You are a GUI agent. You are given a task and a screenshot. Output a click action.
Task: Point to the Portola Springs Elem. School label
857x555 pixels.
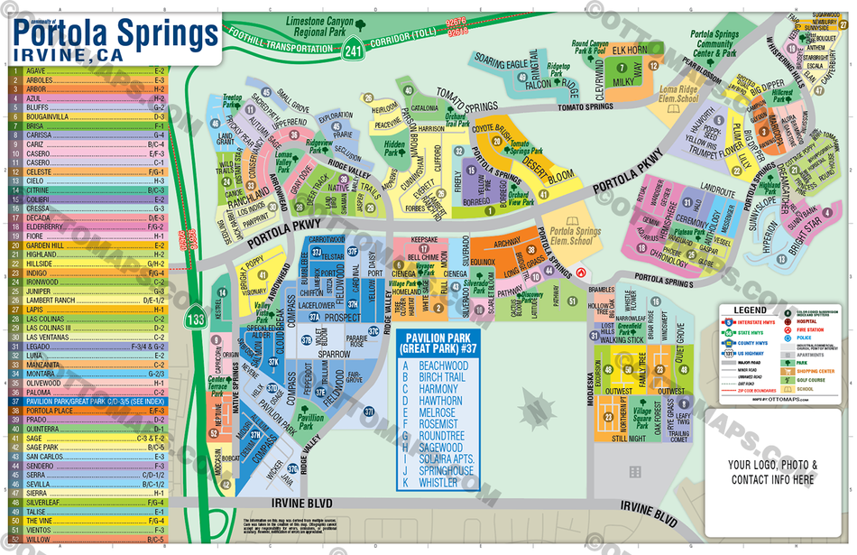570,236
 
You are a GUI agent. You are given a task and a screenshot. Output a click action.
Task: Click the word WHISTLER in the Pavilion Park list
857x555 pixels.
438,483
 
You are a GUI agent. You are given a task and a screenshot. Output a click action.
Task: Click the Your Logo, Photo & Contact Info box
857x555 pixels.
772,472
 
